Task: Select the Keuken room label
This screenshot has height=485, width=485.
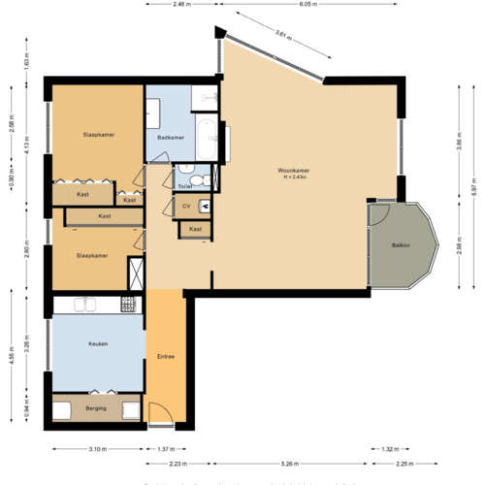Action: pyautogui.click(x=97, y=343)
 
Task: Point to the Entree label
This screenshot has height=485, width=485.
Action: pyautogui.click(x=165, y=357)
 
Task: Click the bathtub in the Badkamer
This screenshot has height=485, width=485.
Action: pyautogui.click(x=211, y=140)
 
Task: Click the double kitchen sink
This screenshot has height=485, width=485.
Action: pyautogui.click(x=85, y=305)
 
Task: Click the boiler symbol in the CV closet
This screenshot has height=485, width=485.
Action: pyautogui.click(x=206, y=205)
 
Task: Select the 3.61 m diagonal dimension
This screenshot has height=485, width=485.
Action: pyautogui.click(x=280, y=34)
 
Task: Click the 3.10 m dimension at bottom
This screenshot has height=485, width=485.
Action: pyautogui.click(x=96, y=449)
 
